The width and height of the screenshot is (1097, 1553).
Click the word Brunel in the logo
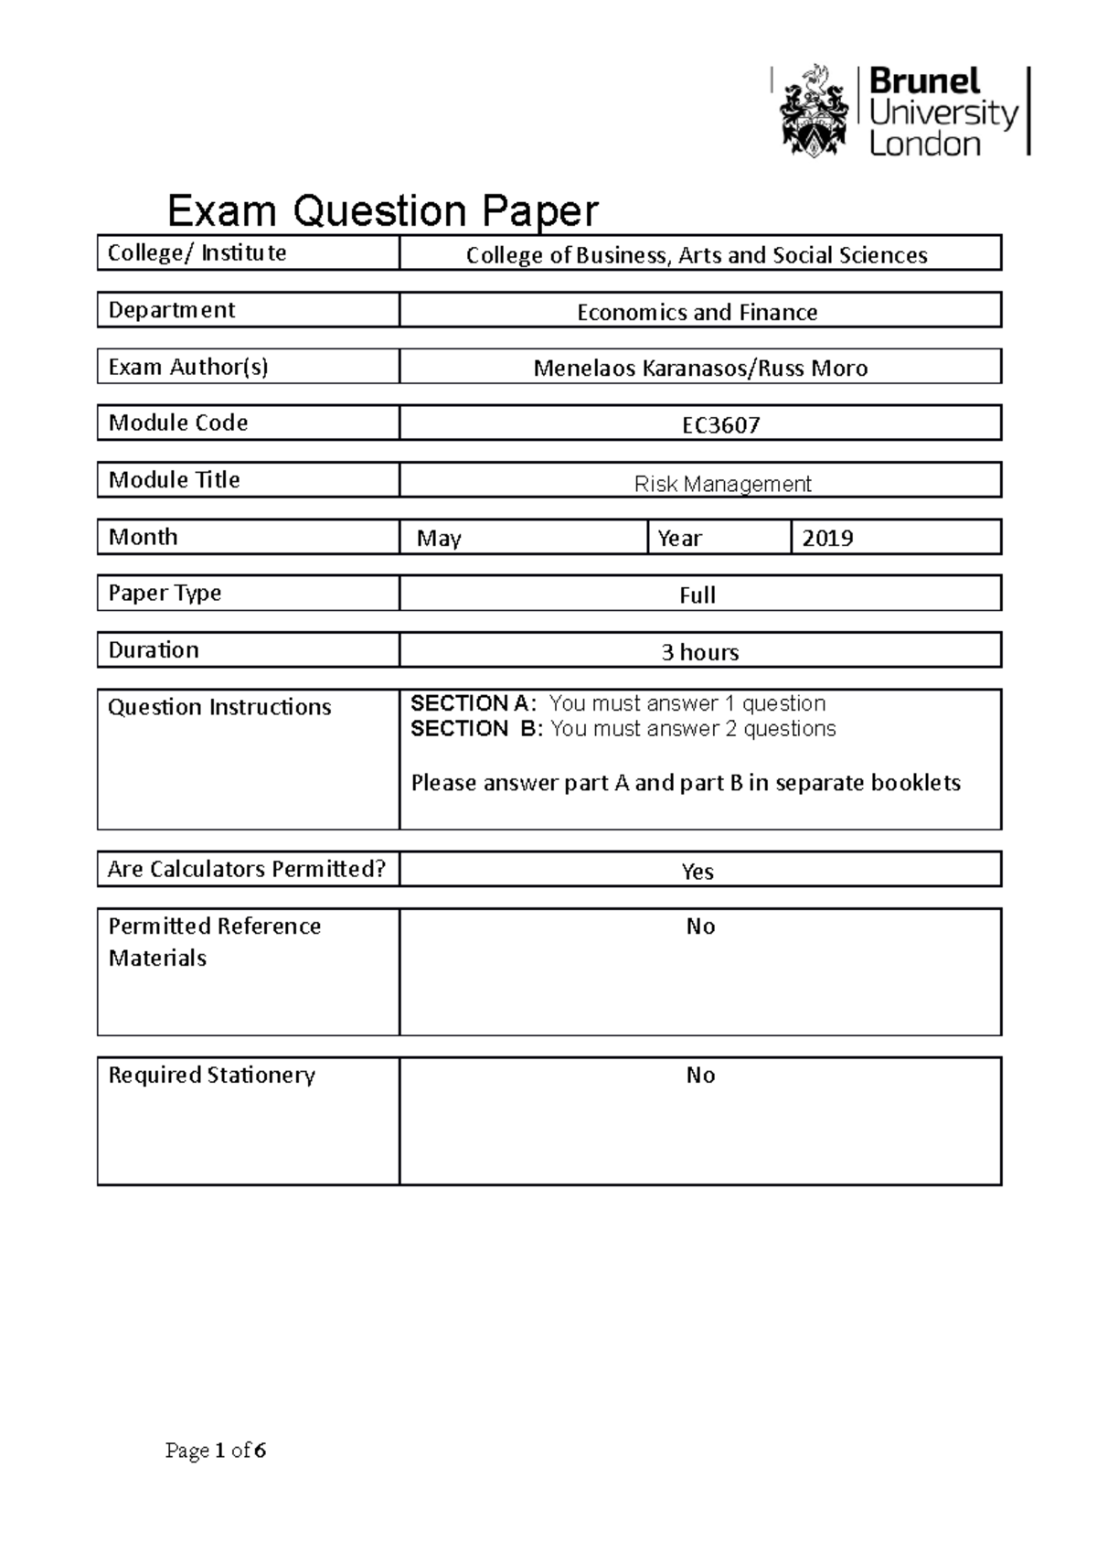click(923, 82)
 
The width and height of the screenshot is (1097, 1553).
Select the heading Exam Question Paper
click(383, 211)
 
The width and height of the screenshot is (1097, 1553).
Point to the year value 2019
click(827, 539)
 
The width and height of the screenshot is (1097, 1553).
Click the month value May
click(439, 539)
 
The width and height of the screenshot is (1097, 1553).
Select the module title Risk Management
click(722, 484)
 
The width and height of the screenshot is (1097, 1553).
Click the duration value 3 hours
click(699, 652)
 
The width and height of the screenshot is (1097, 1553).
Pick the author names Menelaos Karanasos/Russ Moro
click(700, 369)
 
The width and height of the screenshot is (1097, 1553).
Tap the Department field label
click(172, 310)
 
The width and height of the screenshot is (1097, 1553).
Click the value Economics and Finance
click(697, 313)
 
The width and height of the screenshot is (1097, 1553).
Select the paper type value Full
click(697, 595)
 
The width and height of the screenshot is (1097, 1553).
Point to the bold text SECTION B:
click(476, 729)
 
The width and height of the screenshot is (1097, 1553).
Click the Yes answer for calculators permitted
click(697, 872)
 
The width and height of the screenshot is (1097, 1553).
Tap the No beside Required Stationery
click(700, 1076)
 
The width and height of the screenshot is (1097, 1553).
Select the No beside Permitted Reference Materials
click(700, 926)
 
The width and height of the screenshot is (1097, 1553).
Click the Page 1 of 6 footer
click(216, 1451)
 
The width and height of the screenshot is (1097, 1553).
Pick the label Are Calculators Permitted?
click(247, 869)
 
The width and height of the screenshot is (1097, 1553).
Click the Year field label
click(679, 539)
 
